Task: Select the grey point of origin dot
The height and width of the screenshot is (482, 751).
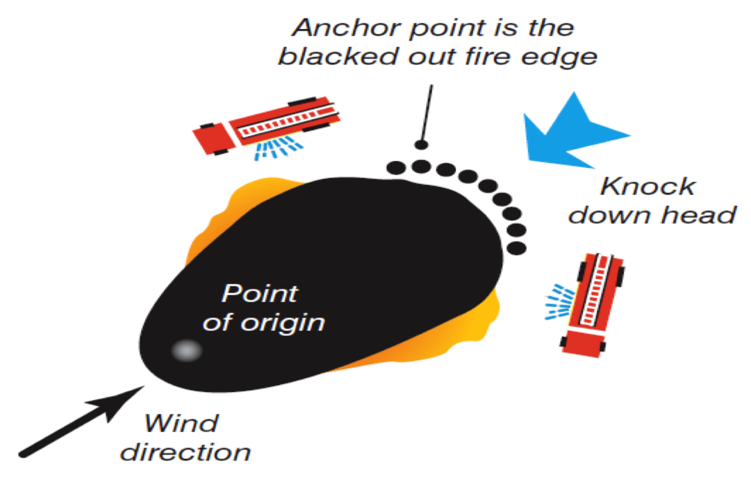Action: point(186,351)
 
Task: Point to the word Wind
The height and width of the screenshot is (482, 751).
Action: point(181,423)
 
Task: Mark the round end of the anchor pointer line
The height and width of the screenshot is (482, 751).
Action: point(421,145)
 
